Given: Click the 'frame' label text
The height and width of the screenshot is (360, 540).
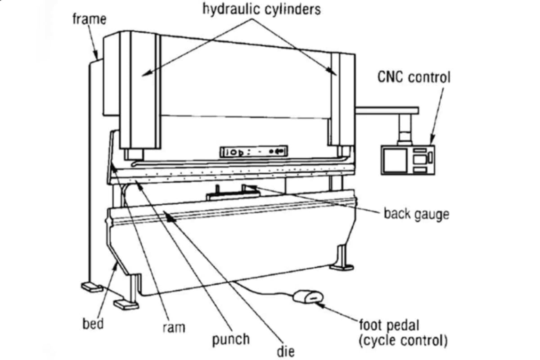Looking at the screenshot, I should [89, 19].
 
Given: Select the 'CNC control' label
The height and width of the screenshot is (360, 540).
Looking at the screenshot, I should [413, 77].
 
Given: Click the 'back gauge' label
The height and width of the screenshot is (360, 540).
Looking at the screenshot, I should [416, 213].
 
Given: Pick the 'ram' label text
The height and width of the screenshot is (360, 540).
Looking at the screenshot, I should [173, 327].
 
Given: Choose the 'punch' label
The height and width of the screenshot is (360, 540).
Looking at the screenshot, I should [231, 338].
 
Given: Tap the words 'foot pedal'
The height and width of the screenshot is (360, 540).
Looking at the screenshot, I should [391, 325].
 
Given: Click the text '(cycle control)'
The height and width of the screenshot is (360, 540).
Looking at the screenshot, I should [403, 340].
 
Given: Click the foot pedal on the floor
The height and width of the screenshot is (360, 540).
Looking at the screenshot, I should [308, 297].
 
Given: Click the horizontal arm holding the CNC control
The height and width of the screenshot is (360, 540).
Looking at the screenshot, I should [387, 110].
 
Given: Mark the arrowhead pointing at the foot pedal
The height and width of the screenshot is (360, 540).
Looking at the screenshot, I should [319, 304].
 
